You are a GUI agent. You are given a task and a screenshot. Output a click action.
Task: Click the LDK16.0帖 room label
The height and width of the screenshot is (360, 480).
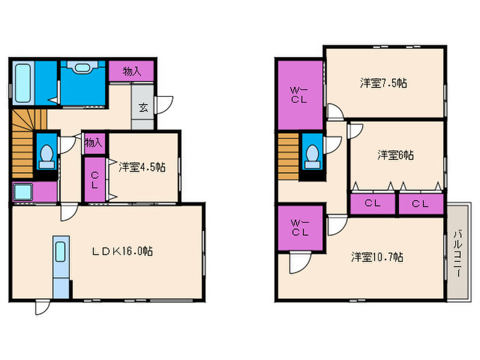123,252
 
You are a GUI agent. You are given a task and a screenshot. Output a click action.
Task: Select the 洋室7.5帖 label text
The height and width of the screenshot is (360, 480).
384,83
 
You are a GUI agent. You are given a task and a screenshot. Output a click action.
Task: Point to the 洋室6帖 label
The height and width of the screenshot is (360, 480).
396,155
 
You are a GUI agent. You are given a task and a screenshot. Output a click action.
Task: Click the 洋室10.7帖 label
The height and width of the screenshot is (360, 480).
377,257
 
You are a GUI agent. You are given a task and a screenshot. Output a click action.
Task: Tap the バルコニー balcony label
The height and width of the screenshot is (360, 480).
457,252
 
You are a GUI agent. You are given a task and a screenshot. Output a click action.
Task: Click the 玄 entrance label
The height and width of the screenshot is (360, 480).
143,107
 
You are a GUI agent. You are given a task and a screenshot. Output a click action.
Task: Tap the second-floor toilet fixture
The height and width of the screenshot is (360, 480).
312,156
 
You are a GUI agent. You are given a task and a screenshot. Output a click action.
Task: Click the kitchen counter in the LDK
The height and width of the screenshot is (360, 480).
60,268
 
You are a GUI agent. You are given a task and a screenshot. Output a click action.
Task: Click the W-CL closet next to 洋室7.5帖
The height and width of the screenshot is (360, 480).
299,94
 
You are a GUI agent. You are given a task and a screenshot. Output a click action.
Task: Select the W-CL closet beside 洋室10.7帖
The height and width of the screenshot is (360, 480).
299,227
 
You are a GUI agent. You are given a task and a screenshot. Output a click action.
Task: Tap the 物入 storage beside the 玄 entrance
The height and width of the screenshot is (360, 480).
132,71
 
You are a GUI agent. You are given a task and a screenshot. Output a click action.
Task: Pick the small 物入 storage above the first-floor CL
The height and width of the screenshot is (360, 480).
94,143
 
